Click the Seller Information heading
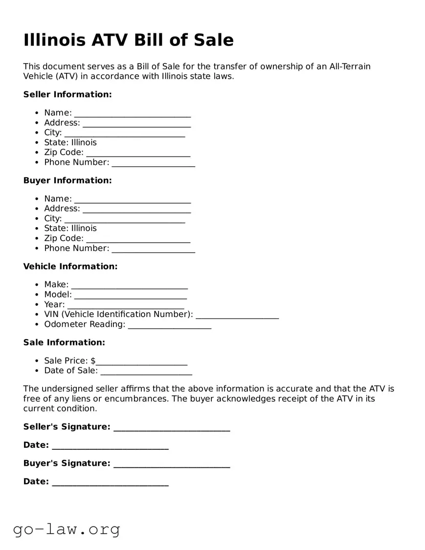pos(67,94)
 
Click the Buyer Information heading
pos(67,181)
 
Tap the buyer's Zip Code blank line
pos(138,240)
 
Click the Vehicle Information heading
pos(70,267)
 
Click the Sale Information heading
pos(64,343)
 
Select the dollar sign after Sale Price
pos(93,361)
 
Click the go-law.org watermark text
pos(67,529)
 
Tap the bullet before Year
pos(37,305)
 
